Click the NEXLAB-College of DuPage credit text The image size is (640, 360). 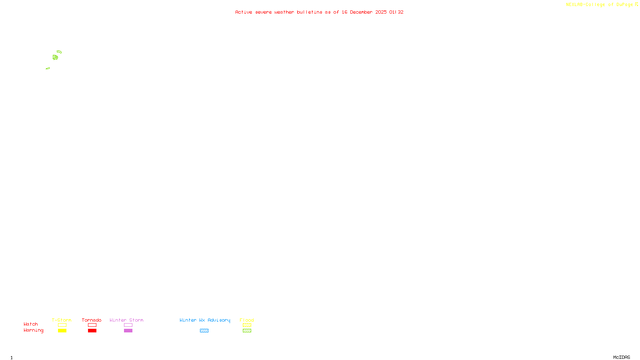tap(599, 5)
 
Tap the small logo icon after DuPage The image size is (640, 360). tap(636, 4)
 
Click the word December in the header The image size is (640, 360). tap(361, 12)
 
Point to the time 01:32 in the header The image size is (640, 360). tap(396, 12)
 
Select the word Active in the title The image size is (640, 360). tap(244, 12)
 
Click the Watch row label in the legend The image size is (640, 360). tap(31, 324)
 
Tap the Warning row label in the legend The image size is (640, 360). tap(33, 330)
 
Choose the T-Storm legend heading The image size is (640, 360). tap(62, 320)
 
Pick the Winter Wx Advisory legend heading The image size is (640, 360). tap(205, 320)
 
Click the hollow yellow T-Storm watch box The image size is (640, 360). tap(62, 325)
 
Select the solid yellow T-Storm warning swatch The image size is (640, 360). tap(62, 331)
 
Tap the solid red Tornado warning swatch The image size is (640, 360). tap(92, 331)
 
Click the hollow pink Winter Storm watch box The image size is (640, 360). tap(128, 325)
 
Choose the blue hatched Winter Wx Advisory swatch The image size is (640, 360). tap(204, 331)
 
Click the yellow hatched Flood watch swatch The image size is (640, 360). tap(247, 325)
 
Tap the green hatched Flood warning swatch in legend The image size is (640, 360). tap(247, 331)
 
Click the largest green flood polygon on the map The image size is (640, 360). tap(55, 58)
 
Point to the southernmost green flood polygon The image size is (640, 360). tap(48, 68)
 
